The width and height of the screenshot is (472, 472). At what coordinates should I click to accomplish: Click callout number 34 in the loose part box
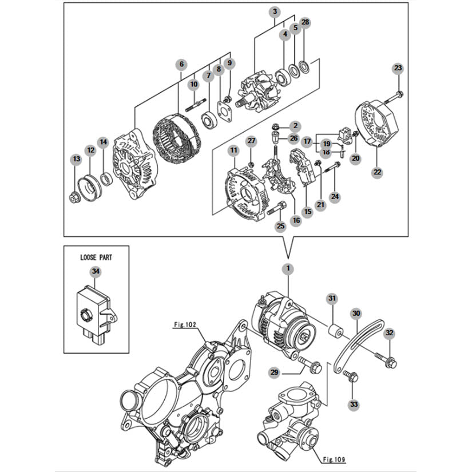(x=96, y=272)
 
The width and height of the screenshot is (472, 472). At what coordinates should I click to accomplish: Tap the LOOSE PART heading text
(x=96, y=257)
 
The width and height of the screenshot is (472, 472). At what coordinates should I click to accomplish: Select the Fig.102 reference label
(x=185, y=324)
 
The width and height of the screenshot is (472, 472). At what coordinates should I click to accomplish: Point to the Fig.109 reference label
(x=334, y=459)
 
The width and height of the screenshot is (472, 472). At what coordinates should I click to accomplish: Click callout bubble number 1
(x=288, y=268)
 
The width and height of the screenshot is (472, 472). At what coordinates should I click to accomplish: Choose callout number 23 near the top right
(x=398, y=68)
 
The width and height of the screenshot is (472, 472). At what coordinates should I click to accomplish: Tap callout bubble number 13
(x=77, y=158)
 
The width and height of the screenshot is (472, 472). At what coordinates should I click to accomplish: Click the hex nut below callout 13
(x=74, y=198)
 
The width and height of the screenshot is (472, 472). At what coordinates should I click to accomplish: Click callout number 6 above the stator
(x=181, y=64)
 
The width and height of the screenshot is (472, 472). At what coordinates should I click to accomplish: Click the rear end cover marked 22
(x=377, y=125)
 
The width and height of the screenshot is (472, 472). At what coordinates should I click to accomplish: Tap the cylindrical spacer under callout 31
(x=335, y=332)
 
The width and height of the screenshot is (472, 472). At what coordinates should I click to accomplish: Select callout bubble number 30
(x=356, y=314)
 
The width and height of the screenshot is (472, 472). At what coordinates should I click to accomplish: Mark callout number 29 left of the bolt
(x=274, y=372)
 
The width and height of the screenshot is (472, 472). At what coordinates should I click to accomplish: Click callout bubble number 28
(x=306, y=22)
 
